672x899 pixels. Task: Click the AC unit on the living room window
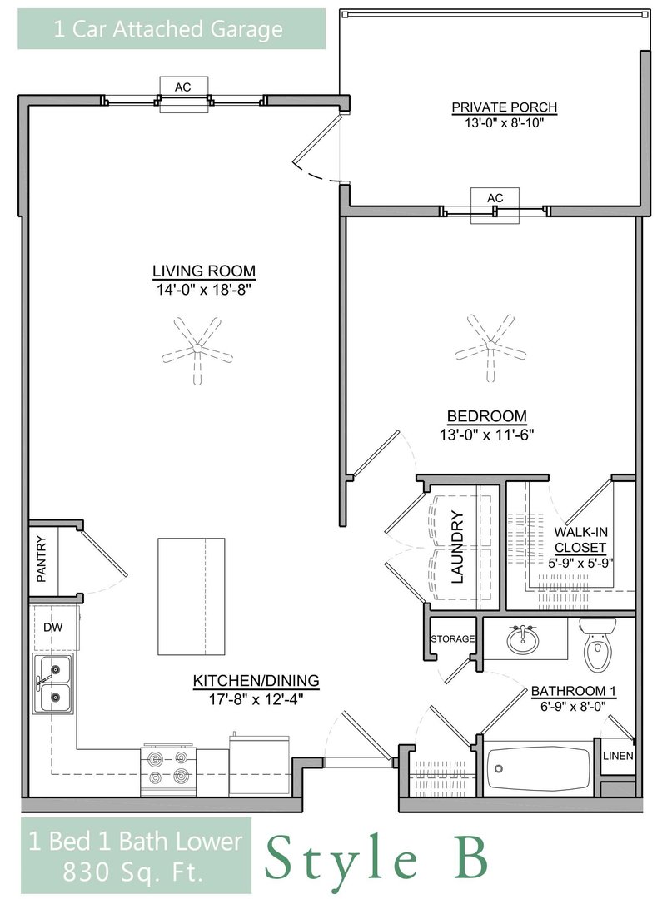[x=183, y=95]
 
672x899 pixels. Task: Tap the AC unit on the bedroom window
[x=495, y=205]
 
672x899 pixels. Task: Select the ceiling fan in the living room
[x=197, y=350]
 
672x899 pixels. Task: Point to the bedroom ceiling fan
[x=490, y=347]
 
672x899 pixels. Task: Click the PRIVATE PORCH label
[x=504, y=107]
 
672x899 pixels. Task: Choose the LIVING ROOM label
[x=204, y=271]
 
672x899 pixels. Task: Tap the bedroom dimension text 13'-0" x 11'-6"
[x=487, y=435]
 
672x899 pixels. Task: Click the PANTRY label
[x=42, y=559]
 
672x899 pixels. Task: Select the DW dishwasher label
[x=53, y=628]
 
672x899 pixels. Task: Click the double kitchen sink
[x=52, y=683]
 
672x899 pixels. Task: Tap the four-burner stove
[x=168, y=770]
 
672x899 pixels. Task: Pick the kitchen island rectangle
[x=191, y=596]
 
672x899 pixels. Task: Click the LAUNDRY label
[x=457, y=547]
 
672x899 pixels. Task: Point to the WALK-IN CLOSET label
[x=580, y=539]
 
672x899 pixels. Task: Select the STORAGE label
[x=453, y=638]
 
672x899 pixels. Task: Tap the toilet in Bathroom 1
[x=597, y=645]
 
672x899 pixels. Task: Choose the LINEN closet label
[x=618, y=756]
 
